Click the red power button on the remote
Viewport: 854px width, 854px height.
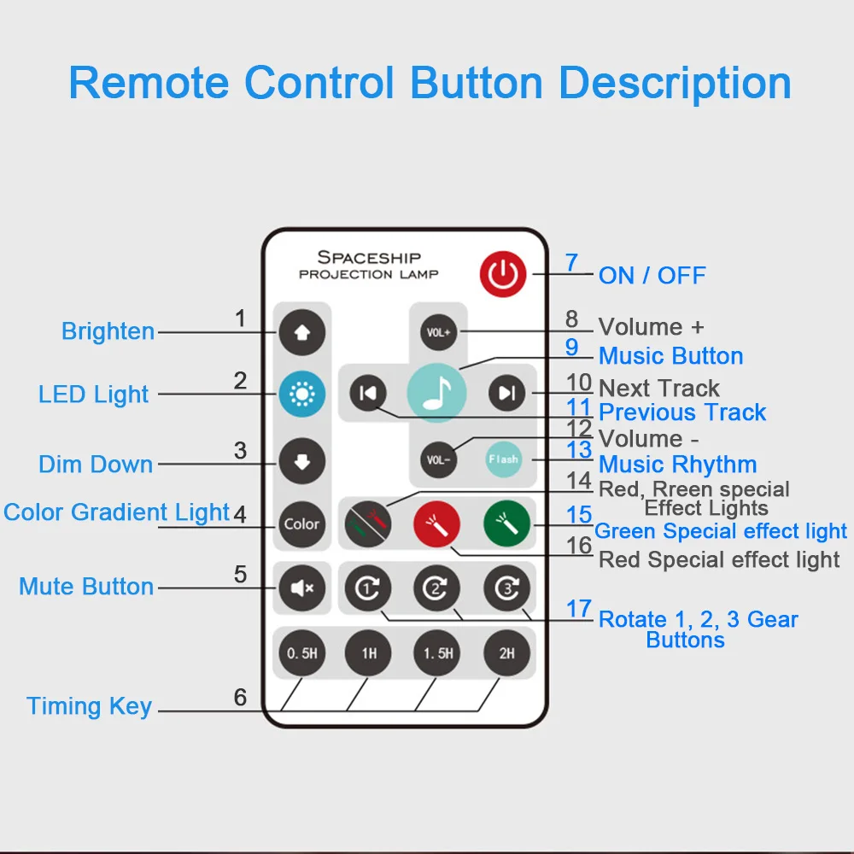click(x=503, y=274)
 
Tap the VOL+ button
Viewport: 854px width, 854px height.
click(x=438, y=331)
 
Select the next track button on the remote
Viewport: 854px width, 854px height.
click(x=507, y=393)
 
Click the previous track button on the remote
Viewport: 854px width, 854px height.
click(x=368, y=393)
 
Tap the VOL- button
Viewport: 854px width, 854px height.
click(x=438, y=459)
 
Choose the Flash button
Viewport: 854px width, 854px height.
click(x=503, y=459)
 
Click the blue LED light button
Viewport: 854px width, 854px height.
click(x=301, y=395)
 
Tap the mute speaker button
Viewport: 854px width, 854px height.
click(x=301, y=588)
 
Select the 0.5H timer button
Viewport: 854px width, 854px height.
click(x=301, y=653)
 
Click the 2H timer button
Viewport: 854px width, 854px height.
click(x=507, y=653)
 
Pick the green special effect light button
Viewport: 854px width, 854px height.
click(x=507, y=522)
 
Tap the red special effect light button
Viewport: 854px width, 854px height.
click(x=437, y=522)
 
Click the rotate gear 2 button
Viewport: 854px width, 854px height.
click(x=437, y=588)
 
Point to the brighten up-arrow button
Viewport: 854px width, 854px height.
click(x=301, y=331)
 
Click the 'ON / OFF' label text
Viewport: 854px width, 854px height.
click(x=652, y=276)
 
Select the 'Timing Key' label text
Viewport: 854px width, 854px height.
click(x=89, y=706)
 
